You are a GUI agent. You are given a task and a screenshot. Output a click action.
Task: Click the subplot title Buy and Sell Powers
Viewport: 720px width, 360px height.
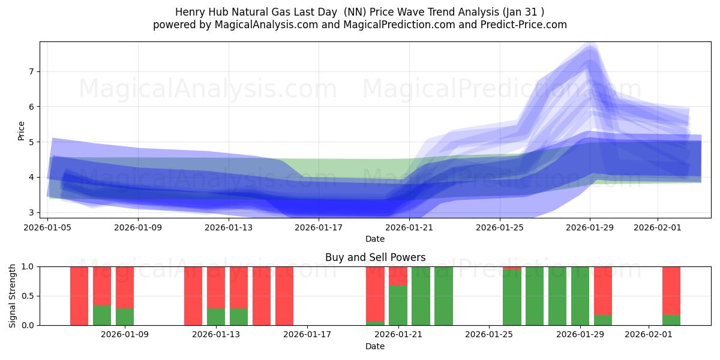pyautogui.click(x=375, y=257)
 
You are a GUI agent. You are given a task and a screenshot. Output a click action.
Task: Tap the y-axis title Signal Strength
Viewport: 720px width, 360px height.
pyautogui.click(x=13, y=296)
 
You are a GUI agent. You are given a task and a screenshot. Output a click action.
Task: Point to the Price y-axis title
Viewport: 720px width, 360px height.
pyautogui.click(x=21, y=131)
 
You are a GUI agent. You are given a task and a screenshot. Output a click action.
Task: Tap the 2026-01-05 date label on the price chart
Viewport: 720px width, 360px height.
pyautogui.click(x=48, y=227)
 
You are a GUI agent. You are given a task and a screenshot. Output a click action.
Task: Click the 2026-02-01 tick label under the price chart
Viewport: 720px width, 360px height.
pyautogui.click(x=657, y=227)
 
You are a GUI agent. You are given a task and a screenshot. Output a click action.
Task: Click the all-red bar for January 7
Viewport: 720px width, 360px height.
pyautogui.click(x=79, y=296)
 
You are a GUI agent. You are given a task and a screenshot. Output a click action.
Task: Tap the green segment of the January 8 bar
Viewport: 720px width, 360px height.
pyautogui.click(x=102, y=315)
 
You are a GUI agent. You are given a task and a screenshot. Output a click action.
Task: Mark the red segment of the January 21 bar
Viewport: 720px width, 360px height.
pyautogui.click(x=398, y=275)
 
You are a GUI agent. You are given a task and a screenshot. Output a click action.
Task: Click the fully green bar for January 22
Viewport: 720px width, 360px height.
pyautogui.click(x=421, y=296)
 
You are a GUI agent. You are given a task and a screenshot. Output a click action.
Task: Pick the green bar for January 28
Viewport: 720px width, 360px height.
pyautogui.click(x=557, y=296)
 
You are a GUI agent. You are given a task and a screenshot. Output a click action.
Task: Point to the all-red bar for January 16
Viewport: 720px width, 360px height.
pyautogui.click(x=284, y=296)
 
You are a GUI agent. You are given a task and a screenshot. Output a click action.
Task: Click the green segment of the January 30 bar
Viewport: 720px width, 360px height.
pyautogui.click(x=603, y=320)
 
